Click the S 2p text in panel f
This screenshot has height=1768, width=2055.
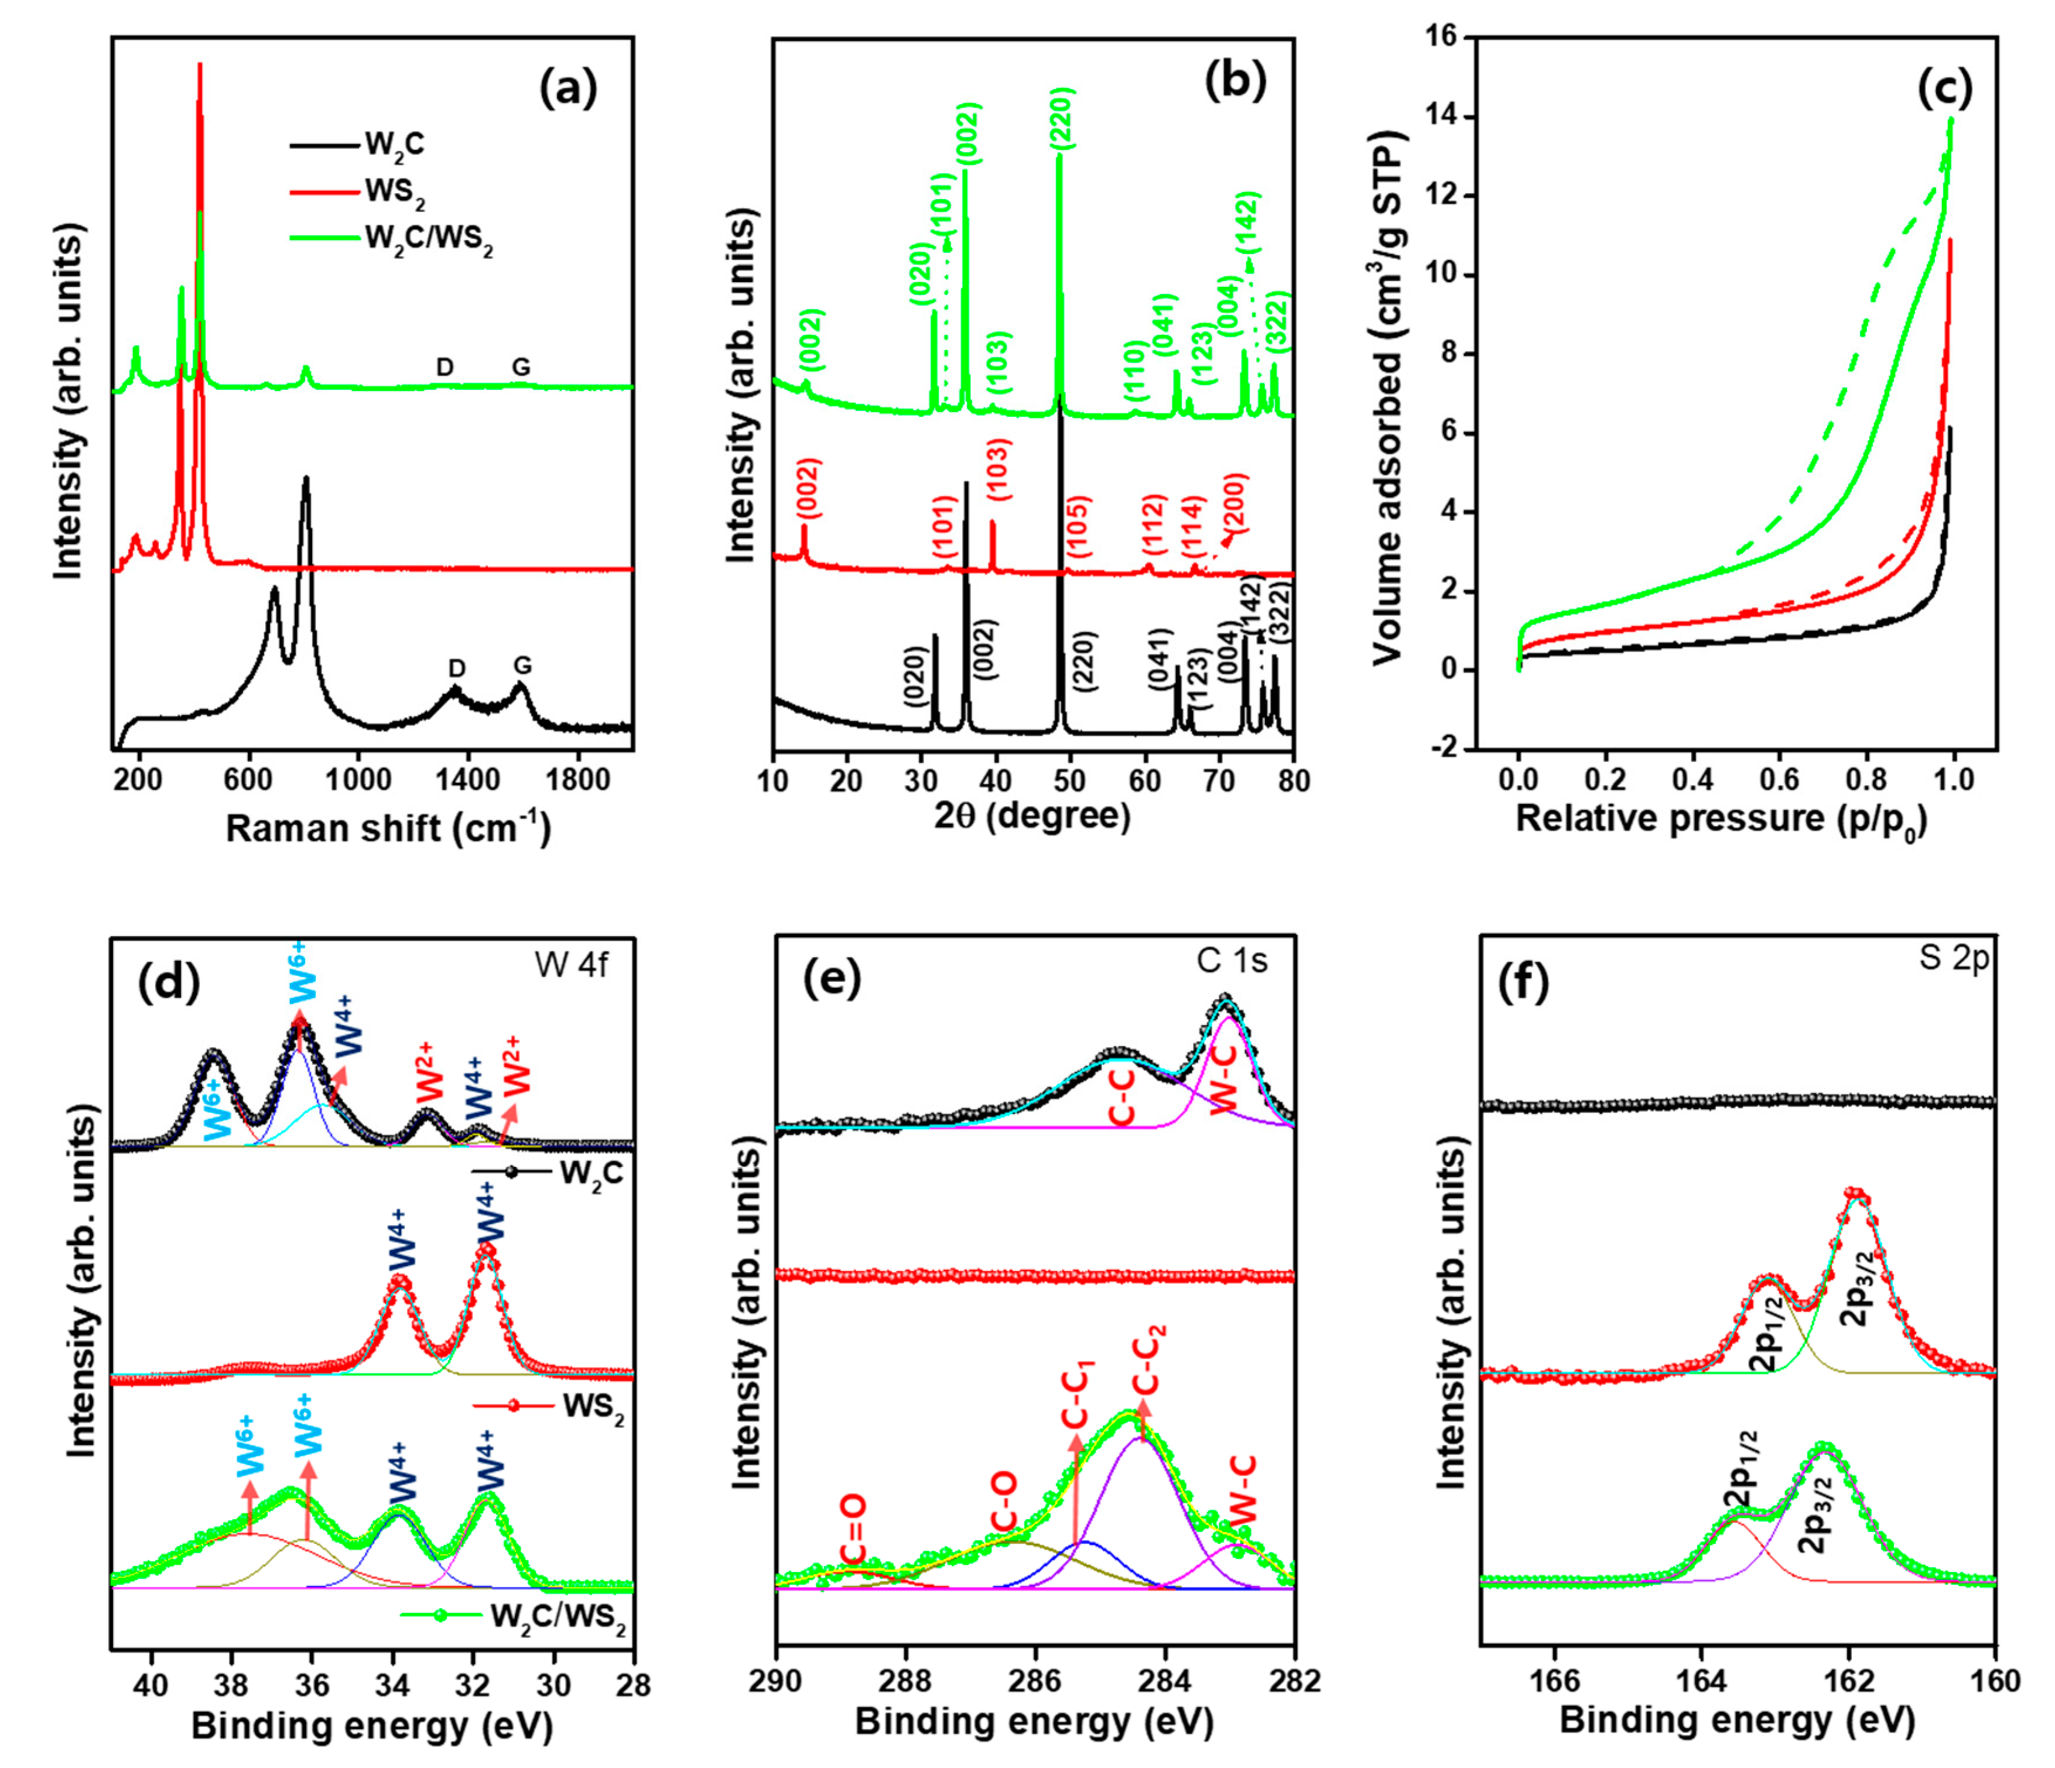pos(1954,960)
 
